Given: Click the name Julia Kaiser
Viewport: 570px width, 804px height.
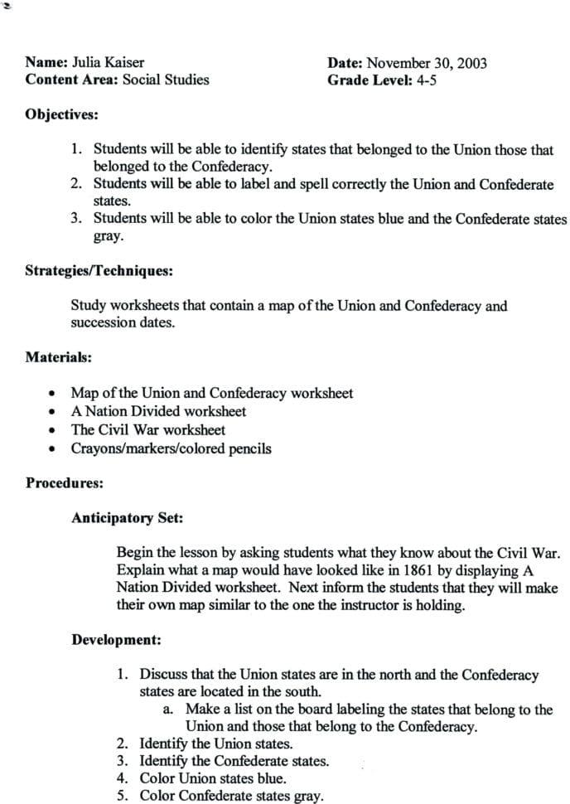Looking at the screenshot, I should tap(109, 62).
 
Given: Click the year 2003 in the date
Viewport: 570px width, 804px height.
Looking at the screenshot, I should tap(471, 62).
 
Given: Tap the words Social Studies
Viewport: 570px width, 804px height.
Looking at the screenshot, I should tap(166, 80).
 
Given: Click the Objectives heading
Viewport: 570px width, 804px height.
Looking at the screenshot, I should tap(62, 114).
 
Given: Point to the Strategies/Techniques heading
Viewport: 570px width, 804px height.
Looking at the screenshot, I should tap(99, 270).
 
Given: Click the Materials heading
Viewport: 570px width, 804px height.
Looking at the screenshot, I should tap(58, 357).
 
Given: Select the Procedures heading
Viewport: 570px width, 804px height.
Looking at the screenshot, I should tap(65, 482).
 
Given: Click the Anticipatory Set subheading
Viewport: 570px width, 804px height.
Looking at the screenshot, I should tap(127, 518).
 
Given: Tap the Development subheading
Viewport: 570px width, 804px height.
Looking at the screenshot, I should tap(116, 640).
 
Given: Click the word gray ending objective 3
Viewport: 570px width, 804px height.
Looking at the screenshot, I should tap(109, 236).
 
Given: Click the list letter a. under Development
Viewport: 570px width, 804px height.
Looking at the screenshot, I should tap(168, 710).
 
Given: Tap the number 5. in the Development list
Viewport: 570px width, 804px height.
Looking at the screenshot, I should tap(122, 796).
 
